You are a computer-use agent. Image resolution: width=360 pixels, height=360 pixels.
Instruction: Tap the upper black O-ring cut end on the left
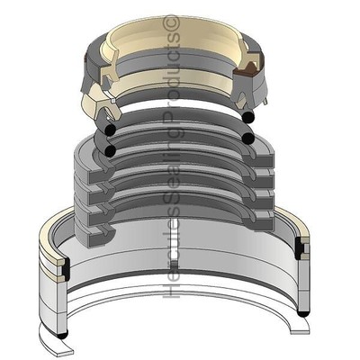pyautogui.click(x=107, y=132)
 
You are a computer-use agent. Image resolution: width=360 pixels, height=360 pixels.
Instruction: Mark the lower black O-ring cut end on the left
pyautogui.click(x=110, y=151)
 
